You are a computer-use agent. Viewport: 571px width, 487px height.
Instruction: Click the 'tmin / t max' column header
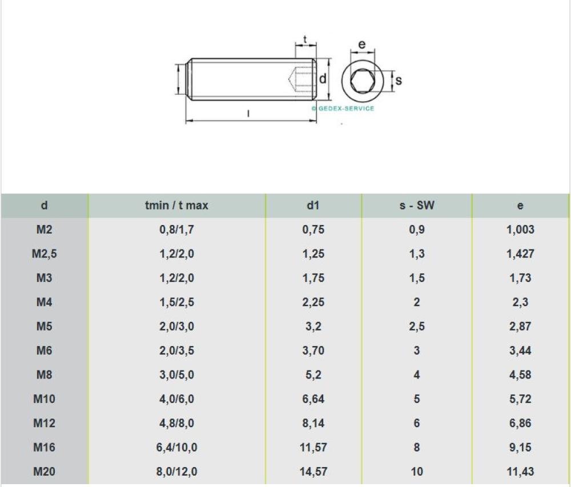(176, 206)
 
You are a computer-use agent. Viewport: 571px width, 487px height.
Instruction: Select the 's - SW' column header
(417, 206)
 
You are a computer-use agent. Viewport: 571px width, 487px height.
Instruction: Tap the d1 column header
(313, 206)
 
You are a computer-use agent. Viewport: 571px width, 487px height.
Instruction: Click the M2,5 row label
(45, 253)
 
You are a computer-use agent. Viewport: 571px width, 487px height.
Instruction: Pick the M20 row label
(44, 472)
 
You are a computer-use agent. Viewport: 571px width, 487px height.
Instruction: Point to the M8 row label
(44, 375)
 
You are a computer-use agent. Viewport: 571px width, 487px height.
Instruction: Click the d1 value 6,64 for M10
(313, 399)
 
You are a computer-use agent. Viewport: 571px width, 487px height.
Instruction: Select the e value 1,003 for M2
(520, 230)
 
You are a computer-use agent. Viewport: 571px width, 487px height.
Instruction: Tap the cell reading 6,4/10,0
(176, 448)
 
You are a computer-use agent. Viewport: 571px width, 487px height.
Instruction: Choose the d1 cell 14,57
(313, 472)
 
